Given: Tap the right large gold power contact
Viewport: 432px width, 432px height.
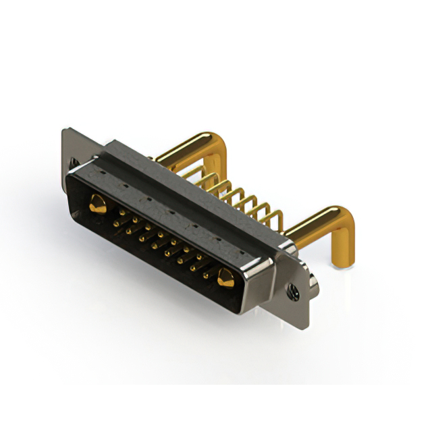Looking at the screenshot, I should pos(225,276).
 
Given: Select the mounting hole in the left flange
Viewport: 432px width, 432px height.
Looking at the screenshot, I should pos(74,162).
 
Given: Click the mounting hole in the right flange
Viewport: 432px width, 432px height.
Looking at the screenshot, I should pos(294,292).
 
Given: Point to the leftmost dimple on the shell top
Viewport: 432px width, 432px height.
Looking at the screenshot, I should pos(102,171).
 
